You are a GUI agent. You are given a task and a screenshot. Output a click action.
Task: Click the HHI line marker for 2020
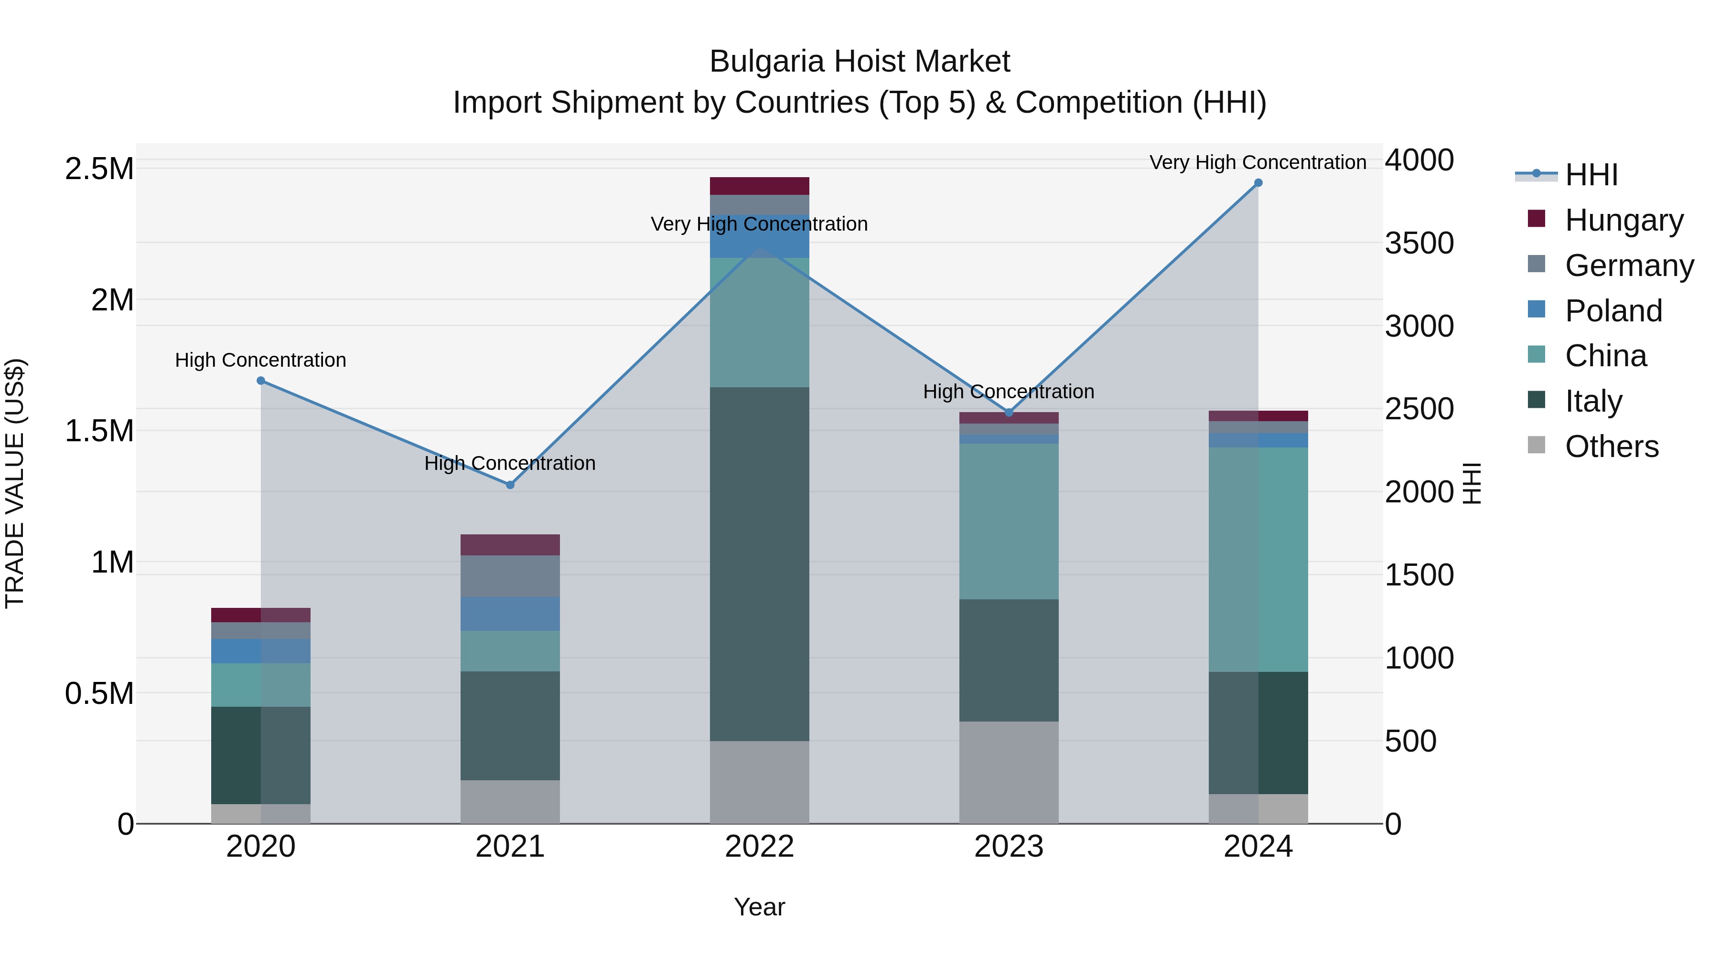[x=261, y=381]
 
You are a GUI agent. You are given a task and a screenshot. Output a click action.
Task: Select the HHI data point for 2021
[x=510, y=485]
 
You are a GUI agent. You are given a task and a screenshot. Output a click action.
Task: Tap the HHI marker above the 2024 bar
[x=1258, y=183]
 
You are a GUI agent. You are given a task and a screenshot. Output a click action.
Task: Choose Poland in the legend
[x=1612, y=311]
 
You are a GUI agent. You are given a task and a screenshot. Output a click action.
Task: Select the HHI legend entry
[x=1591, y=175]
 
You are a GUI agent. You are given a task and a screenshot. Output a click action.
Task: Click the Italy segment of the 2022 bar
[x=759, y=564]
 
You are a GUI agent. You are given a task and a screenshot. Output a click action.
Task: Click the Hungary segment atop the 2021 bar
[x=510, y=544]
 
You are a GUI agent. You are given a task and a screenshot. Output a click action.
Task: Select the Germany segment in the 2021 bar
[x=510, y=576]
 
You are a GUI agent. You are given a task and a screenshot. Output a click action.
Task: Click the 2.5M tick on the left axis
[x=99, y=169]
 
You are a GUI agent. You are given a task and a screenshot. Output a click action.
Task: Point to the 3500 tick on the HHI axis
[x=1419, y=244]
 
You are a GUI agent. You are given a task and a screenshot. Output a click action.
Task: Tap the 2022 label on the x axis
[x=759, y=847]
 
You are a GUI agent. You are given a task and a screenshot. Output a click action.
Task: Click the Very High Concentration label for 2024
[x=1258, y=162]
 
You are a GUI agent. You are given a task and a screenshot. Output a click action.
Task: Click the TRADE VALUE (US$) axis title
[x=15, y=483]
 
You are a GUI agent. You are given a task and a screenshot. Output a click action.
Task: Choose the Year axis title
[x=759, y=907]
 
